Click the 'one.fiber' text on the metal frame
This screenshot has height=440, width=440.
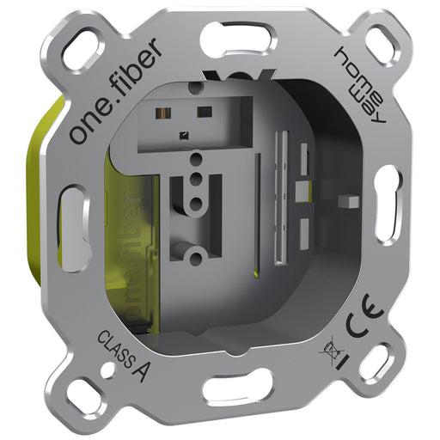click(116, 91)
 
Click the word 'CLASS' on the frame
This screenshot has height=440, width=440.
click(115, 349)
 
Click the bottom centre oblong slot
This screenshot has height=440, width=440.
click(238, 384)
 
